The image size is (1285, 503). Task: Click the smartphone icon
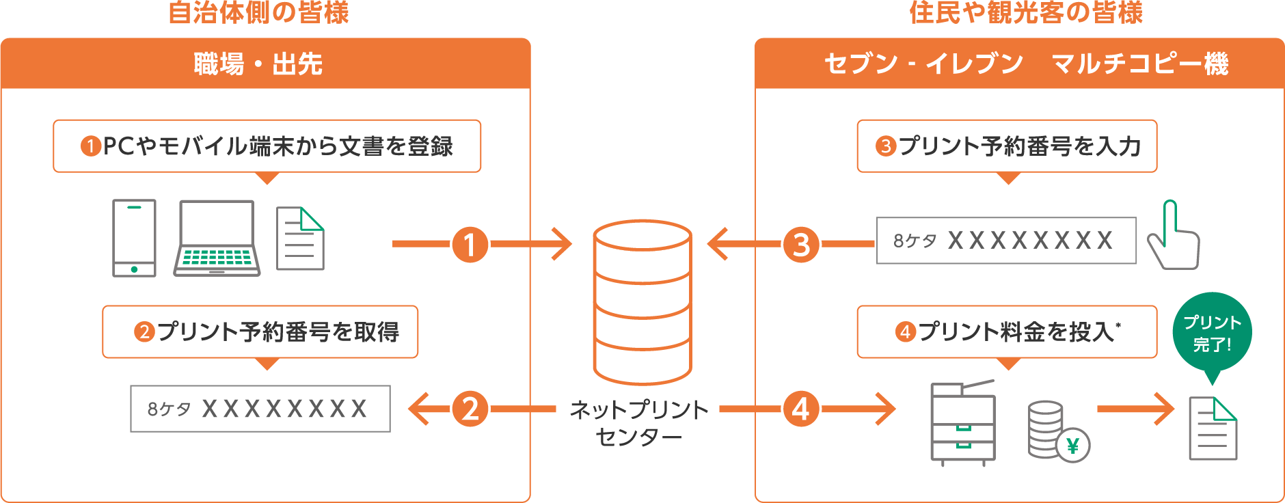[x=134, y=238]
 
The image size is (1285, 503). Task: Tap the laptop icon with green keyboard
[x=217, y=238]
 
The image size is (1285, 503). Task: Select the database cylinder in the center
[x=642, y=301]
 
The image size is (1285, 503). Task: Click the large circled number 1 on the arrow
[x=470, y=245]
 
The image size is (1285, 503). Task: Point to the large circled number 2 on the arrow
[x=470, y=409]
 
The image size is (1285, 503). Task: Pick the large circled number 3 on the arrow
[x=801, y=245]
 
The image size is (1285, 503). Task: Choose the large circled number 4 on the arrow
[x=801, y=409]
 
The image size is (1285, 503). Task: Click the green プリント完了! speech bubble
[x=1212, y=333]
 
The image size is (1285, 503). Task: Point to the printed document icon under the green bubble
[x=1213, y=429]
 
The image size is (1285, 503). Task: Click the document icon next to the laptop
[x=300, y=239]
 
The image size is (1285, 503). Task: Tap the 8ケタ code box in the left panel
[x=260, y=409]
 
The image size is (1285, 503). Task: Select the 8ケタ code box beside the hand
[x=1006, y=241]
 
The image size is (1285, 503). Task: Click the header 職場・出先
[x=258, y=64]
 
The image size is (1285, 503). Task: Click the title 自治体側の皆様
[x=258, y=12]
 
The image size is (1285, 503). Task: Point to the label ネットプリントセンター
[x=638, y=423]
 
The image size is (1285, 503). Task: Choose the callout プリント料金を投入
[x=1007, y=332]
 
